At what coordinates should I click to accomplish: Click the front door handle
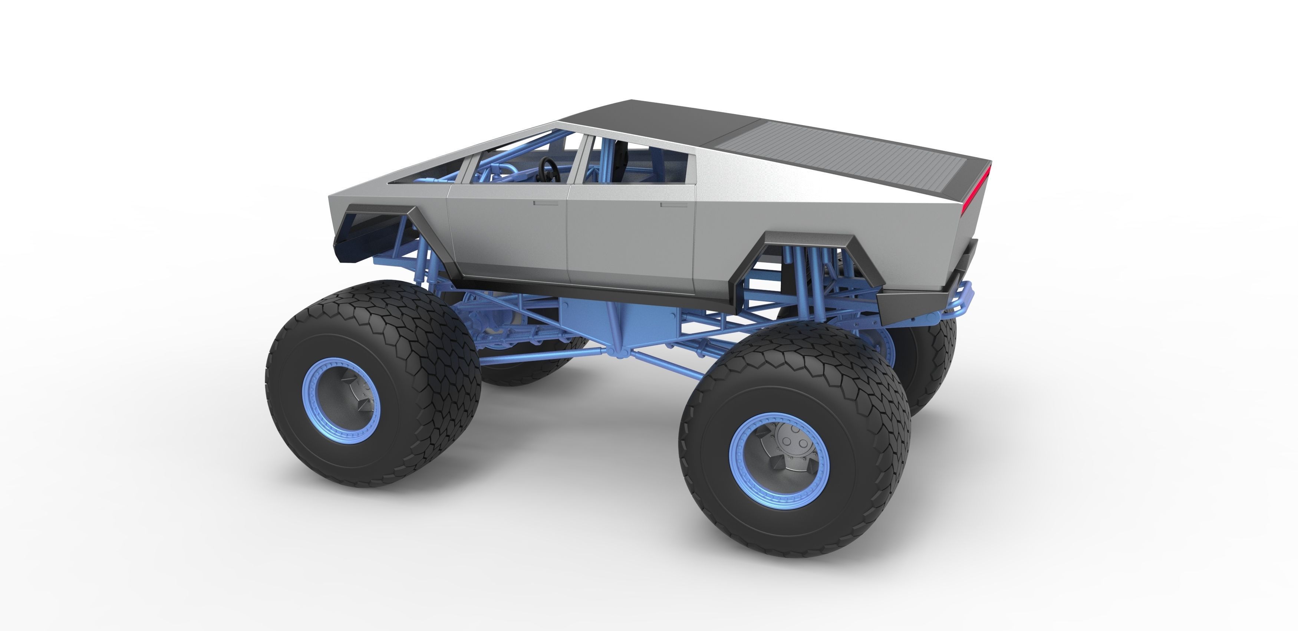(545, 204)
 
